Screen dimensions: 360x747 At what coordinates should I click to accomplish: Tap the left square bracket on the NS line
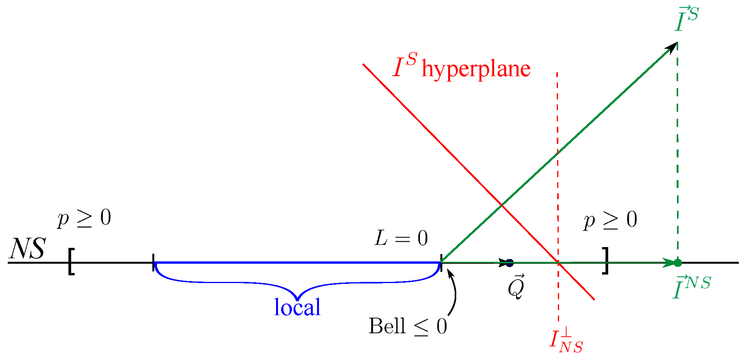[71, 262]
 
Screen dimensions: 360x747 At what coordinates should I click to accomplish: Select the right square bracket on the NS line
[605, 261]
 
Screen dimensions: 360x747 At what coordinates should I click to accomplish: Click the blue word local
[297, 308]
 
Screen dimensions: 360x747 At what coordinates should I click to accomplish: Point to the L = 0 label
[401, 238]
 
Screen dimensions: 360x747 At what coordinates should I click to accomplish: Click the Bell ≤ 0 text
[408, 326]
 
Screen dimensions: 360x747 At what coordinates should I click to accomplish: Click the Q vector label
[516, 287]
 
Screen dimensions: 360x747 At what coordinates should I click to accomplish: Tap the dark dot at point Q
[510, 263]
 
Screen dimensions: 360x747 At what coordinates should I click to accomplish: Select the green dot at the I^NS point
[677, 263]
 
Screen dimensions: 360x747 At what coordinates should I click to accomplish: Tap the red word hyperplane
[476, 69]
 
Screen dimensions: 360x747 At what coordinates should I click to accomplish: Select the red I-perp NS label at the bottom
[566, 340]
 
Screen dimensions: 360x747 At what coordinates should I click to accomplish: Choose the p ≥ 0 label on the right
[610, 220]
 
